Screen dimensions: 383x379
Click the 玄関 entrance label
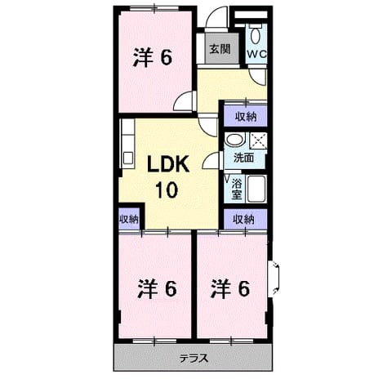coord(220,49)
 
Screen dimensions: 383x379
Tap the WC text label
coord(256,54)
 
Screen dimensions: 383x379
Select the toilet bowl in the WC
coord(256,35)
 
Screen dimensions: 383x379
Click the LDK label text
coord(168,164)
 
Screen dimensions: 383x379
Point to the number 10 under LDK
coord(167,189)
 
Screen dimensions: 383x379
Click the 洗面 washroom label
coord(244,158)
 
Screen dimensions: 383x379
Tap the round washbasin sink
coord(235,140)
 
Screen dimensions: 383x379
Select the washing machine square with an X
coord(258,140)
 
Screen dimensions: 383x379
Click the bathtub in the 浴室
coord(256,189)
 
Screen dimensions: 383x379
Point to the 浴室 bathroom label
coord(236,189)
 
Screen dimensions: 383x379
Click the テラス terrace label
coord(194,358)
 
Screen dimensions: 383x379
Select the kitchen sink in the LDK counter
coord(127,158)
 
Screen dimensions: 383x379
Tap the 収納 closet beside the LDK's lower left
coord(129,219)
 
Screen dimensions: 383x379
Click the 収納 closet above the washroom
coord(246,117)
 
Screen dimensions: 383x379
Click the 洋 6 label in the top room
coord(153,57)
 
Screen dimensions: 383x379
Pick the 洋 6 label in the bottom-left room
coord(157,288)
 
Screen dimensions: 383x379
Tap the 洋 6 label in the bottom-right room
coord(230,288)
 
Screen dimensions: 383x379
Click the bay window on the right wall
coord(274,279)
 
